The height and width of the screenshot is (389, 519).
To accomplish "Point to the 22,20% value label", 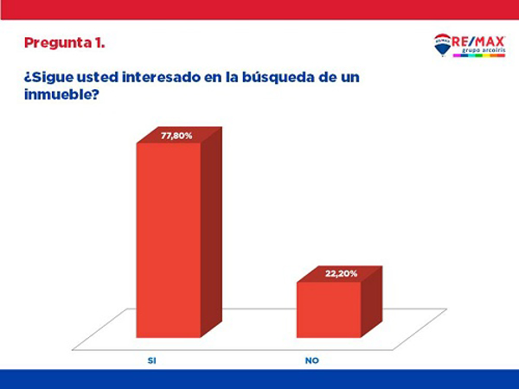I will pos(340,273).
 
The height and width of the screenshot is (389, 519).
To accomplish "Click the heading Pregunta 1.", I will pos(65,42).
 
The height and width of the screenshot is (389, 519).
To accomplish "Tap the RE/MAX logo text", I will pos(480,41).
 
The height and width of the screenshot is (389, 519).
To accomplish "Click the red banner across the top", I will pos(259,9).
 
